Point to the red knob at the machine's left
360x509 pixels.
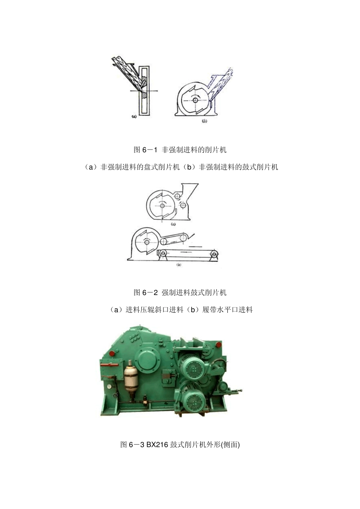(112, 353)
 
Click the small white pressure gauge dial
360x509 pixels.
(109, 386)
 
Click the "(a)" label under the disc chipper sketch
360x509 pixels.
(134, 117)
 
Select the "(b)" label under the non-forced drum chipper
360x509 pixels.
(204, 121)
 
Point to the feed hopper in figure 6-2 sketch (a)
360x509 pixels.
(189, 189)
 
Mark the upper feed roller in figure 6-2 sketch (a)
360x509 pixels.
(177, 196)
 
